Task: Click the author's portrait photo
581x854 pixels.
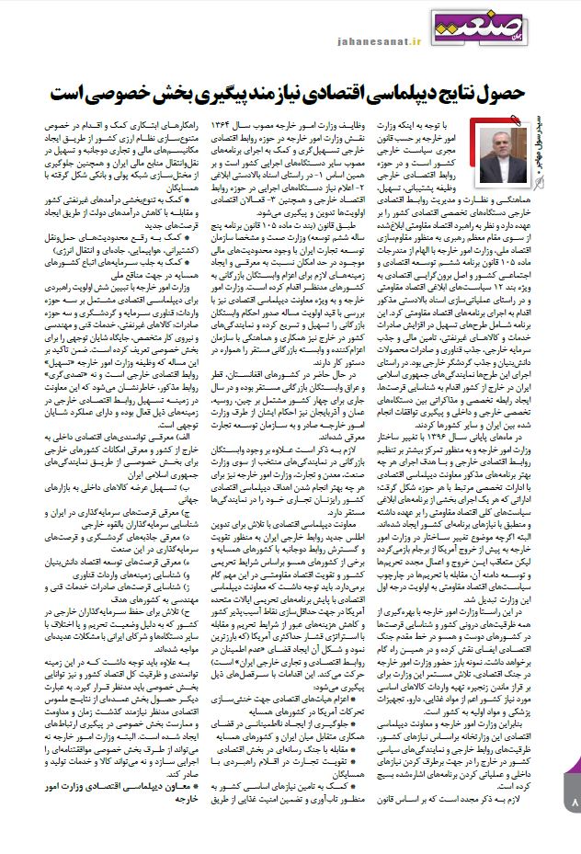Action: point(500,148)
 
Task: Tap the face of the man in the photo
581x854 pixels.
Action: point(498,138)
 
